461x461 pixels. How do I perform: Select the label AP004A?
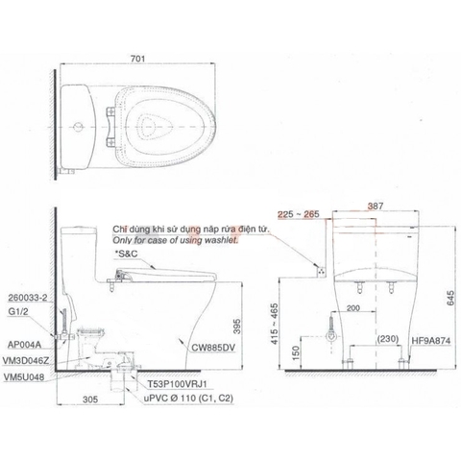click(x=25, y=340)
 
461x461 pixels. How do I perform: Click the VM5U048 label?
click(x=27, y=377)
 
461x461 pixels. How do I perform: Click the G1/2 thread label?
click(x=18, y=309)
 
